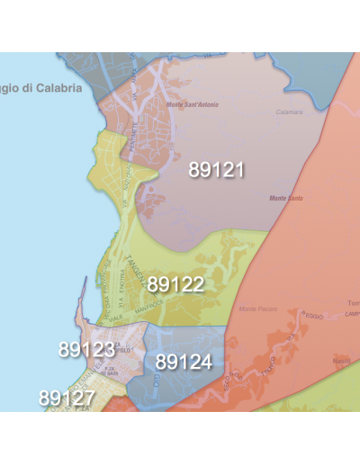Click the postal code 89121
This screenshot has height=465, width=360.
tap(216, 169)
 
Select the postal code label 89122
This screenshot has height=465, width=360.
tap(175, 285)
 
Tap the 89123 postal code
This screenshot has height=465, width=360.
tap(86, 350)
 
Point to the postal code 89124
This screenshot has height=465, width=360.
tap(184, 362)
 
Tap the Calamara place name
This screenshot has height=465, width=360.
tap(290, 112)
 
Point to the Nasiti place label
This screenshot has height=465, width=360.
tap(341, 361)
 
